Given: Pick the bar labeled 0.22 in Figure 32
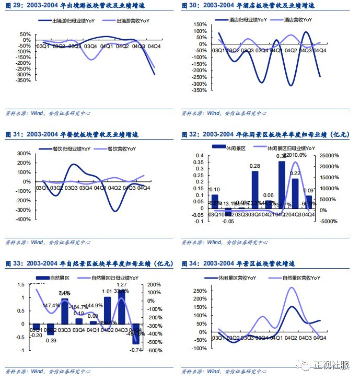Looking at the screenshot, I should click(295, 193).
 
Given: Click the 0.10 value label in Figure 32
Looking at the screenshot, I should click(214, 190).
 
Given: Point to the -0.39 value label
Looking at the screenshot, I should click(51, 340).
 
